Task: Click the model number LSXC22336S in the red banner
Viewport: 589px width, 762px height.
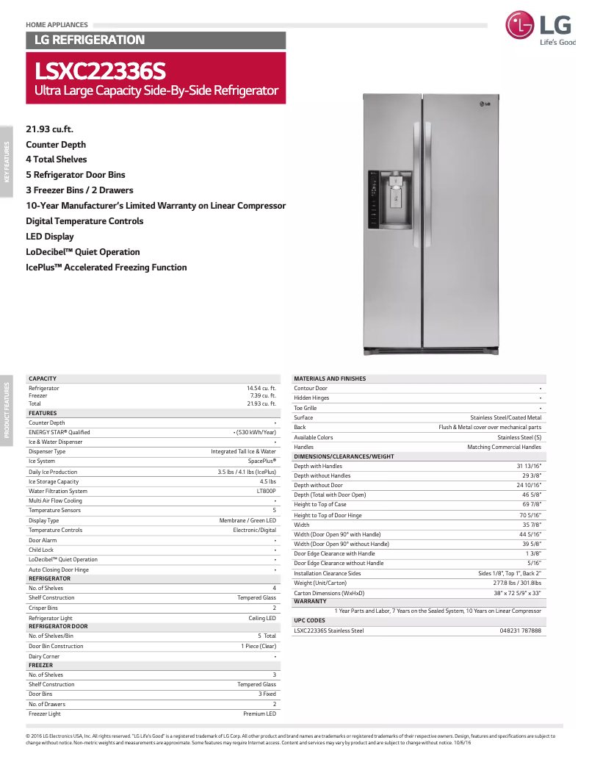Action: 101,71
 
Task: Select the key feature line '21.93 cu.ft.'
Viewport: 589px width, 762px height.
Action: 49,129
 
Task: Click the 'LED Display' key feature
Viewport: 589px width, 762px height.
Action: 50,237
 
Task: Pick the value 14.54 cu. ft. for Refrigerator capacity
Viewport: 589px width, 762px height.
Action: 261,388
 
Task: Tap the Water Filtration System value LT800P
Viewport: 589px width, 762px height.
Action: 266,491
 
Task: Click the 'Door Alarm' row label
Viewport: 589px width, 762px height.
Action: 43,540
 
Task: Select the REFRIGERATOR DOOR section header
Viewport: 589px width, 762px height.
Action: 58,626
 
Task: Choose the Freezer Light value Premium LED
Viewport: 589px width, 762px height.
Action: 260,714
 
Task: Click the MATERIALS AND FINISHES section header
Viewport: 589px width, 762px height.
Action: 330,378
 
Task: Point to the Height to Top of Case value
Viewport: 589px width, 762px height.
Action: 532,505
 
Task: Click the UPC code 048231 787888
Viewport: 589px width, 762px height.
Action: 520,630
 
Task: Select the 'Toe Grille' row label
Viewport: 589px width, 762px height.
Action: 306,408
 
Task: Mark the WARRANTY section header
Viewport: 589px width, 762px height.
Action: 310,601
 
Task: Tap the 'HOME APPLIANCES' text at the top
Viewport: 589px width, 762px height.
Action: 57,25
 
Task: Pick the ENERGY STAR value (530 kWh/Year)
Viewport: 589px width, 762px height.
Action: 255,432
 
